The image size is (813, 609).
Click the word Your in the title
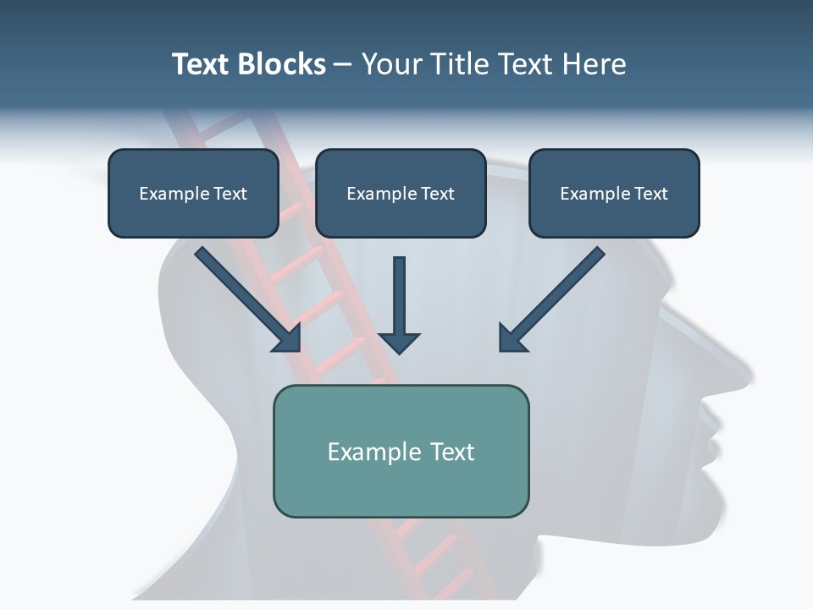pyautogui.click(x=391, y=64)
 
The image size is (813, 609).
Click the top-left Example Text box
pyautogui.click(x=193, y=194)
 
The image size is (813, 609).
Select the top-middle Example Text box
pyautogui.click(x=401, y=194)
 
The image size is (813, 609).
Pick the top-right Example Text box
pyautogui.click(x=614, y=194)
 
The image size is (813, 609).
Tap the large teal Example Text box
pyautogui.click(x=401, y=451)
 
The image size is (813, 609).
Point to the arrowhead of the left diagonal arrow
pyautogui.click(x=288, y=338)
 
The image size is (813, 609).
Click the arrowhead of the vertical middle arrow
pyautogui.click(x=399, y=343)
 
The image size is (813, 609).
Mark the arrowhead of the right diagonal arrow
pyautogui.click(x=512, y=338)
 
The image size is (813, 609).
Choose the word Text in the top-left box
pyautogui.click(x=230, y=194)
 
